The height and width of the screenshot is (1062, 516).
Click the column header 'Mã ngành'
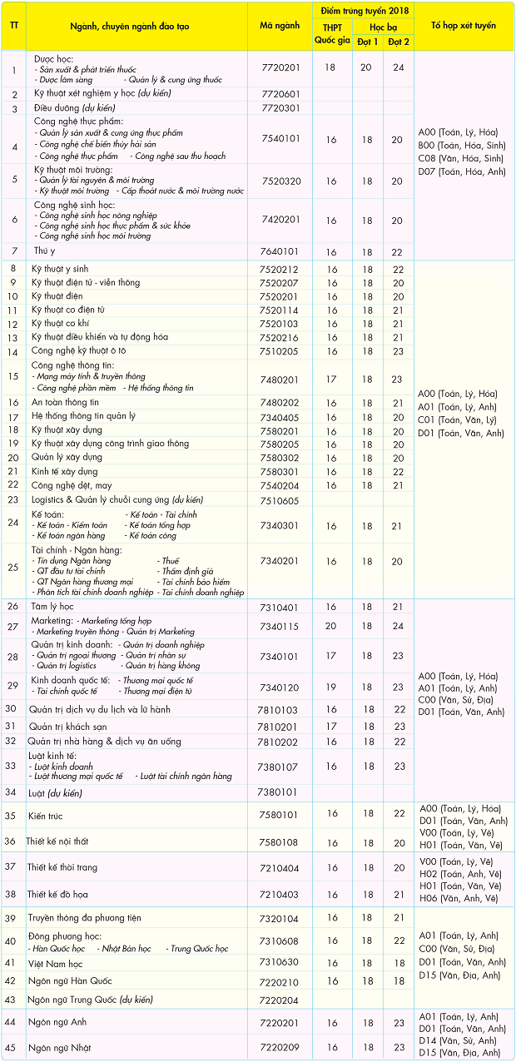click(279, 26)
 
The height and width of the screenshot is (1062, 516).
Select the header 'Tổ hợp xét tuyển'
click(464, 26)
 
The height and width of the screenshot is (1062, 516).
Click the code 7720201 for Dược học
click(280, 68)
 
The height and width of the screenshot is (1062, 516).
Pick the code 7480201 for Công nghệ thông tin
click(280, 379)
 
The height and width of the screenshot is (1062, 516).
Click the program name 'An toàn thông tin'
click(65, 402)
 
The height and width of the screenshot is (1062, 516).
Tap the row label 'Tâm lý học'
click(52, 607)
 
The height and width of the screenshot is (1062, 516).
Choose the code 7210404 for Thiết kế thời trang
click(280, 867)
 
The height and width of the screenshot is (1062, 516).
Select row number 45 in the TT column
click(12, 1047)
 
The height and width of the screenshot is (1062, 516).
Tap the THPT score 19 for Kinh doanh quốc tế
click(330, 687)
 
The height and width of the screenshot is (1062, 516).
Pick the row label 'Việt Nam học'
click(57, 963)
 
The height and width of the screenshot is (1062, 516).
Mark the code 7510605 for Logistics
click(280, 500)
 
